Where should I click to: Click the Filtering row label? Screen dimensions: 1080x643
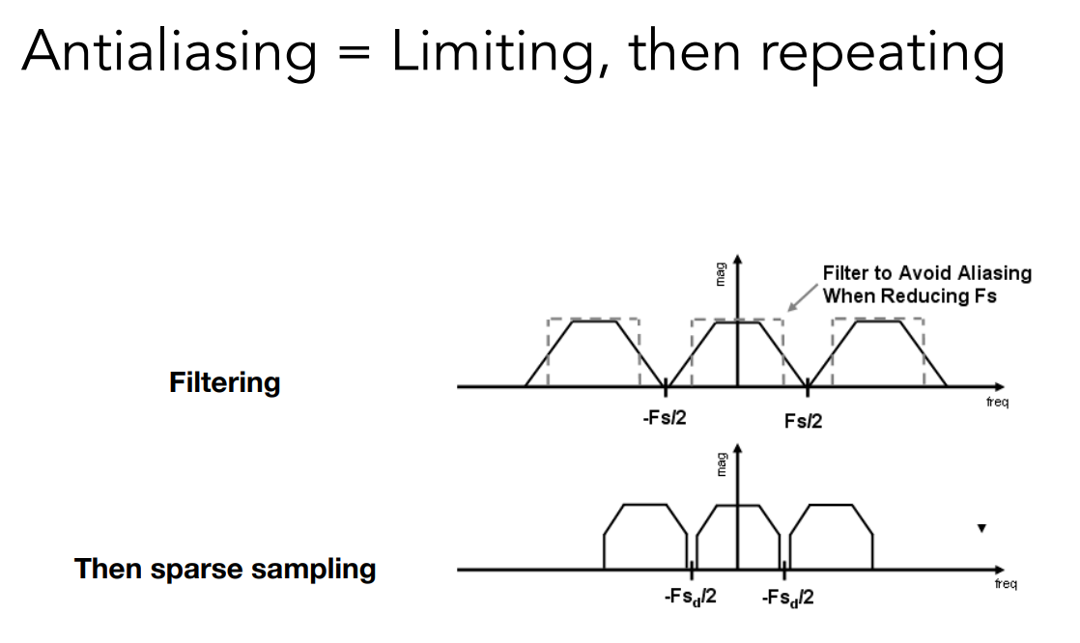pos(224,383)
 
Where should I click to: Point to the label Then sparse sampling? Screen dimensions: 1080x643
pos(225,569)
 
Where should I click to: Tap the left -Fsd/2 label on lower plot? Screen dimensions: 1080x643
pos(689,598)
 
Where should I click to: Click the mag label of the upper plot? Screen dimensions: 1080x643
pos(719,276)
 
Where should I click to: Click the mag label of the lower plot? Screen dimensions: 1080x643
pos(719,466)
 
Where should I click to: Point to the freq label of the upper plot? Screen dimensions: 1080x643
pos(997,402)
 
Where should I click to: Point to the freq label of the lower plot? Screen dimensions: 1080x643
pos(1005,584)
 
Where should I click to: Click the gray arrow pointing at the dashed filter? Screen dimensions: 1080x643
pos(801,294)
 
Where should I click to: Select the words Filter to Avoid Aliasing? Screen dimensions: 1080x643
pos(926,273)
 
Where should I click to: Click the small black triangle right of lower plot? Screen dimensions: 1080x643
pos(981,528)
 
